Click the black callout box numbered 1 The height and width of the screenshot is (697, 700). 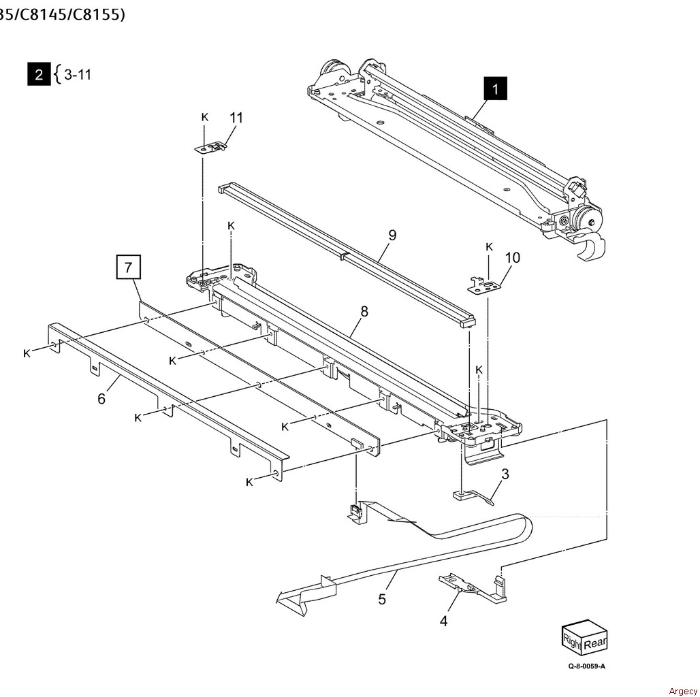[x=495, y=88]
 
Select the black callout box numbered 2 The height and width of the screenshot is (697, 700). [x=39, y=74]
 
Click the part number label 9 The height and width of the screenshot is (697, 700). [x=392, y=236]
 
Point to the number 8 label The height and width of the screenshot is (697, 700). [x=364, y=311]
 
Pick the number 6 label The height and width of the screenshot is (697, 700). [x=101, y=398]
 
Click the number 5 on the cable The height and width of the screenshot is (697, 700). [x=382, y=598]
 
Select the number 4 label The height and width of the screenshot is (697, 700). [x=443, y=620]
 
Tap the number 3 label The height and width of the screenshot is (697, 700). [x=505, y=474]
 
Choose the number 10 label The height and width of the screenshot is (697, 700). [x=512, y=257]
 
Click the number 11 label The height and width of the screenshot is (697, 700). [x=236, y=117]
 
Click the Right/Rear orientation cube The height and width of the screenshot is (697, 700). [x=584, y=637]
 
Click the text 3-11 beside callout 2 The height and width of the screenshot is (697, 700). [x=77, y=74]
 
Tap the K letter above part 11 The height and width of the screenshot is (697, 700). [x=204, y=117]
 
